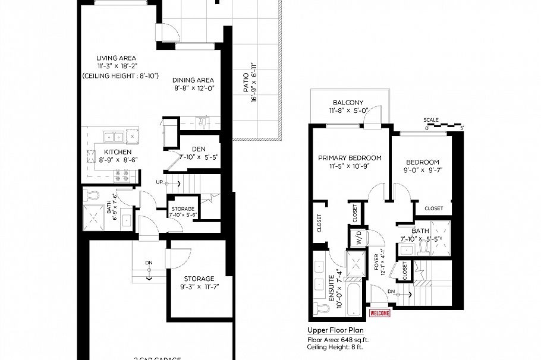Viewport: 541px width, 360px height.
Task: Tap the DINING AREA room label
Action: tap(193, 80)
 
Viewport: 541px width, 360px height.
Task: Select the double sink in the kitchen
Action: tap(115, 137)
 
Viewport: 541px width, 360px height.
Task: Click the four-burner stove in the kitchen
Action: tap(121, 175)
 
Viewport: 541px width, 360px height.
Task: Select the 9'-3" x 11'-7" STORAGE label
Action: tap(199, 279)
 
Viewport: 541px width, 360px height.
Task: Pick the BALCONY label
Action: tap(348, 102)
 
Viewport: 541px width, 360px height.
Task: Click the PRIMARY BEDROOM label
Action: tap(350, 157)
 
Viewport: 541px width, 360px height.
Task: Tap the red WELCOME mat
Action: tap(380, 313)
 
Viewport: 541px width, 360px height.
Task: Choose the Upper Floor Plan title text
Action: tap(335, 330)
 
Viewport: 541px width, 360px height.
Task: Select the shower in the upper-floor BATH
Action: tap(442, 233)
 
